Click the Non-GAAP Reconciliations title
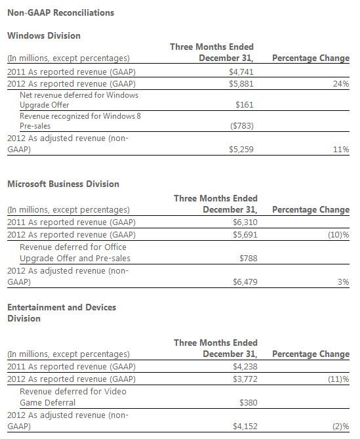[51, 12]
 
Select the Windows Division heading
[43, 35]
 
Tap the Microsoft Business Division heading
[63, 184]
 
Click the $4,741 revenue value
[241, 71]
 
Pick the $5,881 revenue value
[241, 83]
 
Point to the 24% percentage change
[341, 83]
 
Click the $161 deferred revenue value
[243, 104]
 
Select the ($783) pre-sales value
[241, 126]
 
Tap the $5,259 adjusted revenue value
[241, 150]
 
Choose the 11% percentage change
[341, 150]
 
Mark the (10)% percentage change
[338, 234]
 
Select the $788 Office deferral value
[247, 259]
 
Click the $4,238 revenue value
[245, 366]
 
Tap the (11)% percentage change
[338, 379]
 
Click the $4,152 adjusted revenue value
[245, 427]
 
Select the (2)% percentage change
[340, 427]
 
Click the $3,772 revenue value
[245, 379]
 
